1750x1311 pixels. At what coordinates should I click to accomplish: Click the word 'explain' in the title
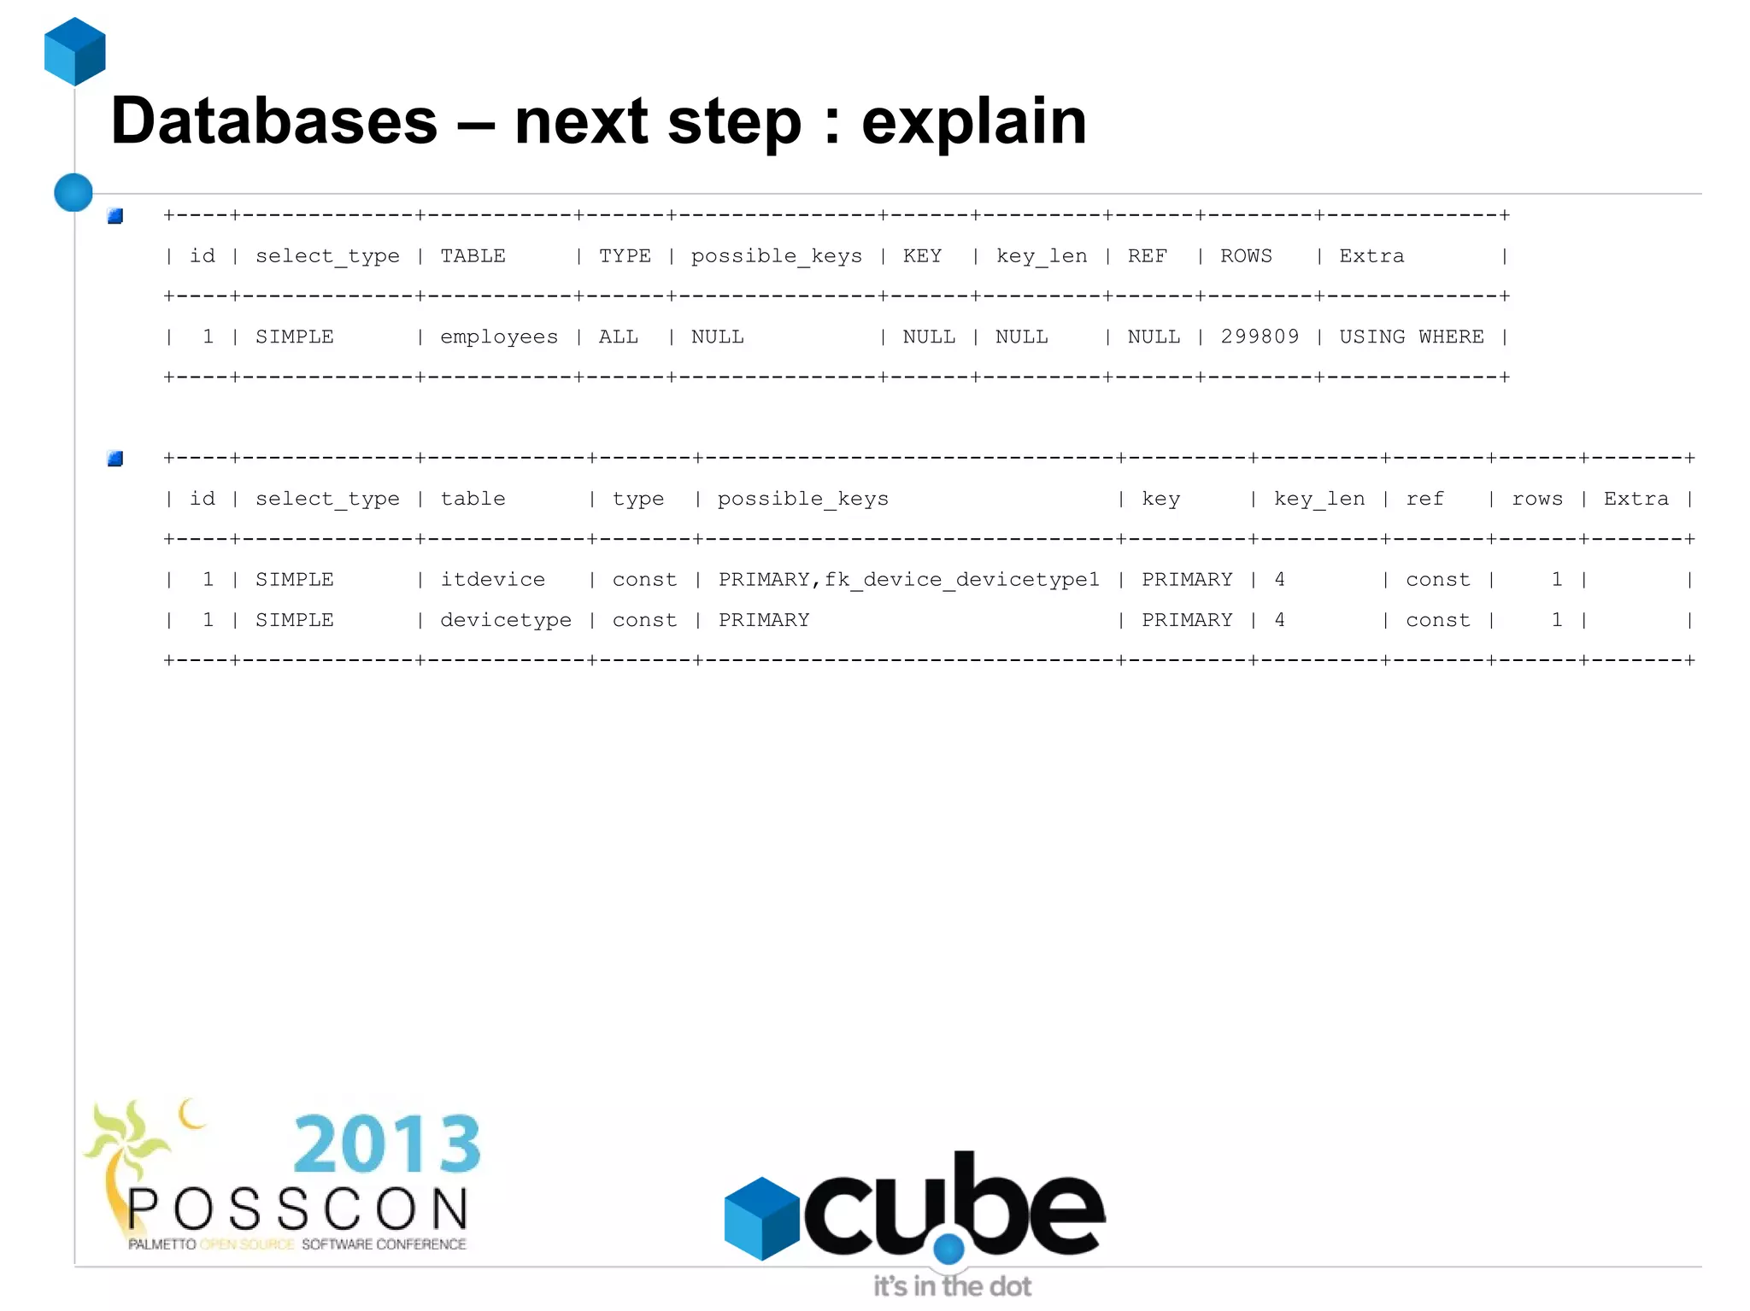tap(973, 122)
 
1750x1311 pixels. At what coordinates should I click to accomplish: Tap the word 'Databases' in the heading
tap(273, 120)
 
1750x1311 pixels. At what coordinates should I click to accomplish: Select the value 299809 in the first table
tap(1260, 337)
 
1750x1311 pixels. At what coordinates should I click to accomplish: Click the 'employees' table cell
tap(498, 337)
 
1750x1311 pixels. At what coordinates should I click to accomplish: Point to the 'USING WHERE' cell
tap(1411, 337)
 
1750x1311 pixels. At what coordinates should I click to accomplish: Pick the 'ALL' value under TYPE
tap(618, 337)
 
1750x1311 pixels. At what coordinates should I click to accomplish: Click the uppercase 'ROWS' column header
tap(1246, 256)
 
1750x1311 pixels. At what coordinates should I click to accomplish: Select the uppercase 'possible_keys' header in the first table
tap(776, 256)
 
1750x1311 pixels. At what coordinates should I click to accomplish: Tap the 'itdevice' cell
tap(492, 580)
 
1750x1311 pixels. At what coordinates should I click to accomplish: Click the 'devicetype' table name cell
tap(505, 620)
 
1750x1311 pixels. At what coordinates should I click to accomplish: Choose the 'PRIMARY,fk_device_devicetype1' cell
tap(908, 580)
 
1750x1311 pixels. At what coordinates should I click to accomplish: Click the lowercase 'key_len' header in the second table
tap(1318, 499)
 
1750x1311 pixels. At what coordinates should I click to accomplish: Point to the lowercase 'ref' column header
tap(1424, 499)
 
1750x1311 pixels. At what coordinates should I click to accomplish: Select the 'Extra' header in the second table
tap(1635, 499)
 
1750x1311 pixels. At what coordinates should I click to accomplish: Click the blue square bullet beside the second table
tap(115, 459)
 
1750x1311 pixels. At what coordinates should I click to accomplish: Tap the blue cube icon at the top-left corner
tap(75, 51)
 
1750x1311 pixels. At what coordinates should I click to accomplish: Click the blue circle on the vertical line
tap(73, 192)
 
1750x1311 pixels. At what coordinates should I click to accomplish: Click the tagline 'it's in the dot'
tap(952, 1286)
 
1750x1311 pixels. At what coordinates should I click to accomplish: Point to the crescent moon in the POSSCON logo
tap(191, 1113)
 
